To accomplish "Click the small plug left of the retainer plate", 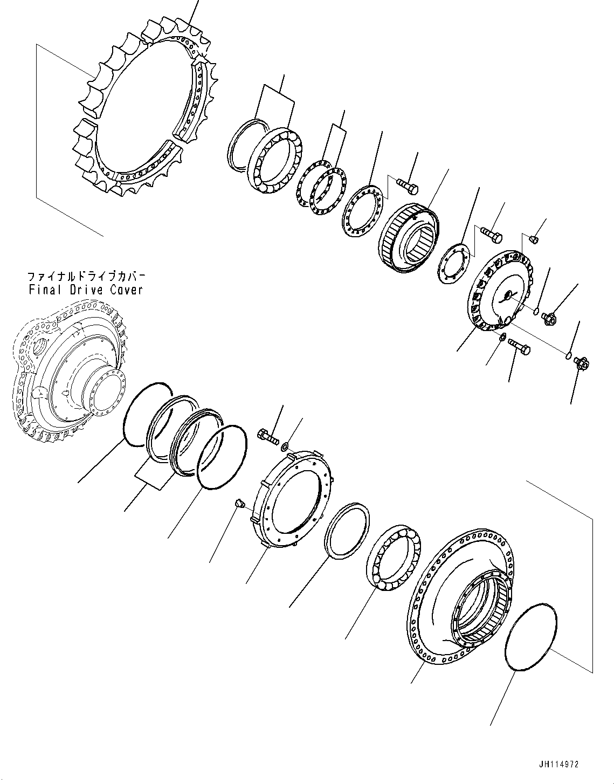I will [x=240, y=504].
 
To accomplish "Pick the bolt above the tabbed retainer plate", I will [x=269, y=435].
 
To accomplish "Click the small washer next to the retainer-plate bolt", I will [x=285, y=445].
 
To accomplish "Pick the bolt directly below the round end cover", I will [x=519, y=349].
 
